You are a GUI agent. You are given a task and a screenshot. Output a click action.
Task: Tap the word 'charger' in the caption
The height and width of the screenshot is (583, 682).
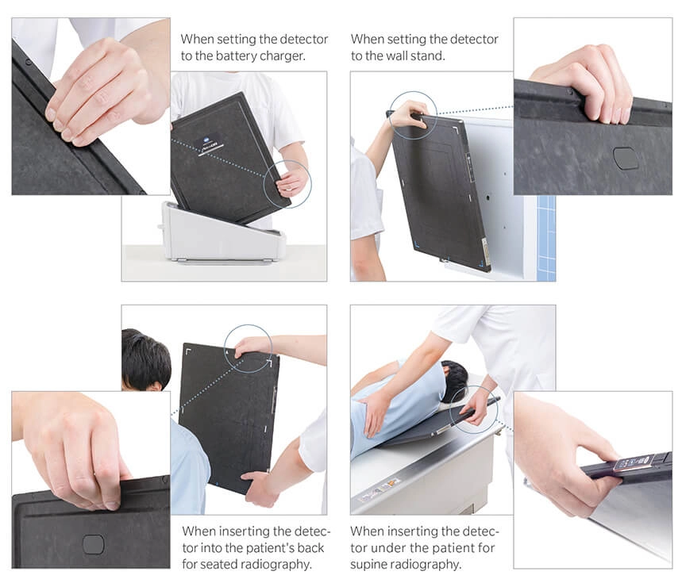click(283, 56)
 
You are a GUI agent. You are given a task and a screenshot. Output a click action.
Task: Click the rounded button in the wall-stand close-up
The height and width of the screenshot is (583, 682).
click(625, 158)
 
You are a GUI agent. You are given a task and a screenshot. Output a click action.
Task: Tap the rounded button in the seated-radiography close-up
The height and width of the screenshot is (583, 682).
click(93, 545)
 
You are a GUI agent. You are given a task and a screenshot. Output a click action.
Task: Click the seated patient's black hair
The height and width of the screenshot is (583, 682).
click(145, 359)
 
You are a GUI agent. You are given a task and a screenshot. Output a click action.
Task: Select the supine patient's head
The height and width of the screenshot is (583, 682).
click(454, 380)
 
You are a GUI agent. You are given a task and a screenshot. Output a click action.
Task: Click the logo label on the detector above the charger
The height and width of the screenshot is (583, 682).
click(210, 144)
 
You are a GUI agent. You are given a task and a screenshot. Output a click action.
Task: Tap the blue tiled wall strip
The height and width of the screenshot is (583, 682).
click(546, 238)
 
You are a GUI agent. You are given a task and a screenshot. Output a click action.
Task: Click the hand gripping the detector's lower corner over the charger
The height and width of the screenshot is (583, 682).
click(292, 181)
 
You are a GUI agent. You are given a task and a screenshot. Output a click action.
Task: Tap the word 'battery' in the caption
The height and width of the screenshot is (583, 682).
click(236, 56)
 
